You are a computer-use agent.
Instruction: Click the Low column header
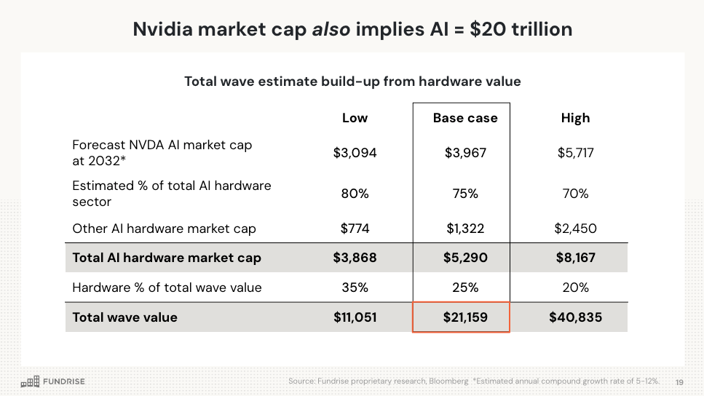click(355, 118)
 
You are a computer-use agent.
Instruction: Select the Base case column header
click(465, 118)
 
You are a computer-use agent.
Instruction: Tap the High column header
click(575, 118)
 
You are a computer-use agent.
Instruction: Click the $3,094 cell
click(355, 153)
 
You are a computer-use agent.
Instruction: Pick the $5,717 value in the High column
click(575, 153)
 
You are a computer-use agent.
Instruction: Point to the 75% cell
click(465, 194)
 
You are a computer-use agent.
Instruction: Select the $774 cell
click(355, 229)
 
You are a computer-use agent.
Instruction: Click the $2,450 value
click(575, 229)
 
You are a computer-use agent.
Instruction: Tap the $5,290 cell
click(465, 258)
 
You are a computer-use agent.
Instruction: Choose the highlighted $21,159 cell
click(462, 317)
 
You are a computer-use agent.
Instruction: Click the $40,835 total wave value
click(575, 317)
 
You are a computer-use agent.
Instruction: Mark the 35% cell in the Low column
click(355, 288)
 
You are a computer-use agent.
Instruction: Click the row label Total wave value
click(124, 317)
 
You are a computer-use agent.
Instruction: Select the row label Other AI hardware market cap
click(164, 229)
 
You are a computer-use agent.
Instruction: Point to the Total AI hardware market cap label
click(167, 258)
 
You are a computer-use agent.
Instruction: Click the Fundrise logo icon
click(29, 381)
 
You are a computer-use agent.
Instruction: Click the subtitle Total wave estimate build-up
click(352, 82)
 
